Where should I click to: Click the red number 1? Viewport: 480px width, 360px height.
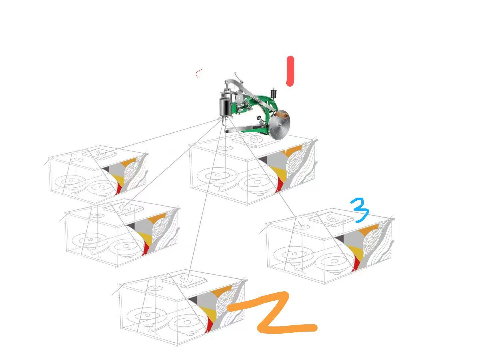tap(290, 71)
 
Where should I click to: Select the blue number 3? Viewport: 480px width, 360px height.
tap(360, 210)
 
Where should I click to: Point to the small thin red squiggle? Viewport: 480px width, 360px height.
tap(198, 73)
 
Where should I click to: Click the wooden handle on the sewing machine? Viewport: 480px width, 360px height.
tap(281, 114)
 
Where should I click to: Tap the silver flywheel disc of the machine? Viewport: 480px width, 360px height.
tap(280, 125)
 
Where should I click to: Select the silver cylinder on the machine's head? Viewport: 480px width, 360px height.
tap(225, 107)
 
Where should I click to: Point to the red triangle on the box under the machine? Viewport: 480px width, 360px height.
tap(280, 185)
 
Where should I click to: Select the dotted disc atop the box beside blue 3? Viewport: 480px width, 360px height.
tap(333, 218)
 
